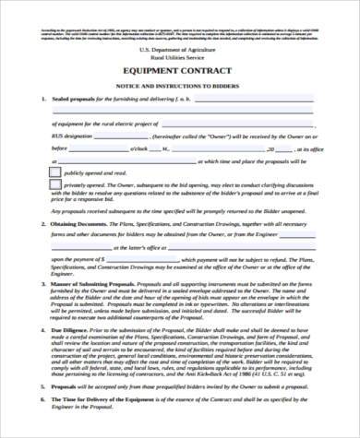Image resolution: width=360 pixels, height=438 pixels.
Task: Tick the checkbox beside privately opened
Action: (x=54, y=185)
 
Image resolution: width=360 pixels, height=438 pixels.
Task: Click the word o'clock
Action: (x=142, y=148)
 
